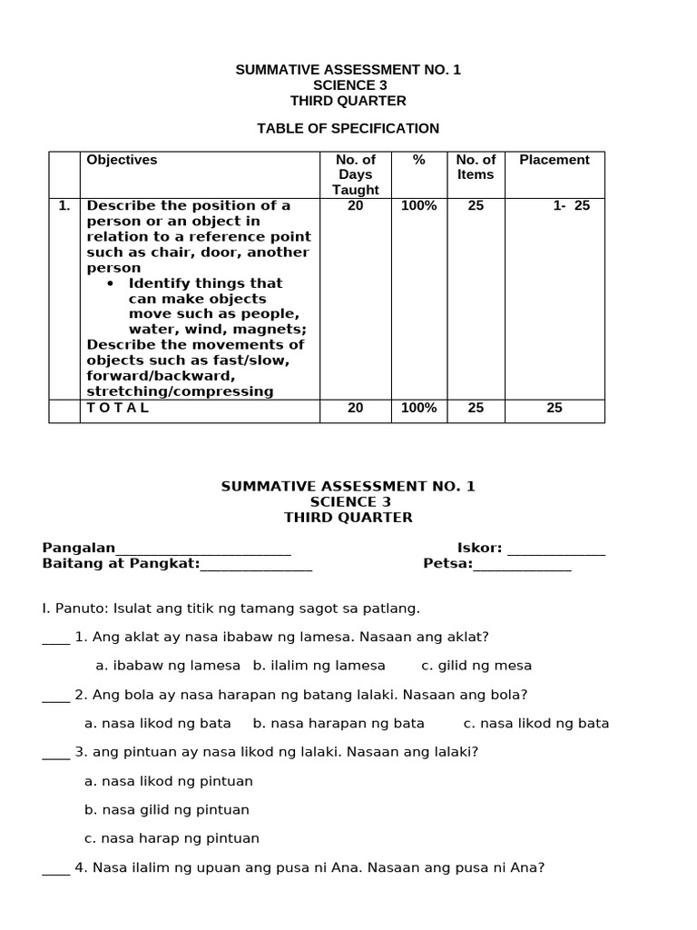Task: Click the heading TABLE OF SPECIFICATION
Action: coord(348,128)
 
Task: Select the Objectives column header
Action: coord(122,160)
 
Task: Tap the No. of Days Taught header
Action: coord(355,174)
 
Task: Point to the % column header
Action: coord(418,160)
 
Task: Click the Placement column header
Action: coord(554,160)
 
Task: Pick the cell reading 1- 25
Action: coord(571,206)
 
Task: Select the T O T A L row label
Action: coord(118,408)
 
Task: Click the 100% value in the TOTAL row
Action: coord(418,408)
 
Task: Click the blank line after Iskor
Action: coord(555,549)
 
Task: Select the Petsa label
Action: coord(447,564)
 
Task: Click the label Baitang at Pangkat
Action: coord(121,564)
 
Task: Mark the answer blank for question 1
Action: coord(55,638)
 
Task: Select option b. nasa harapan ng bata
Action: coord(339,724)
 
